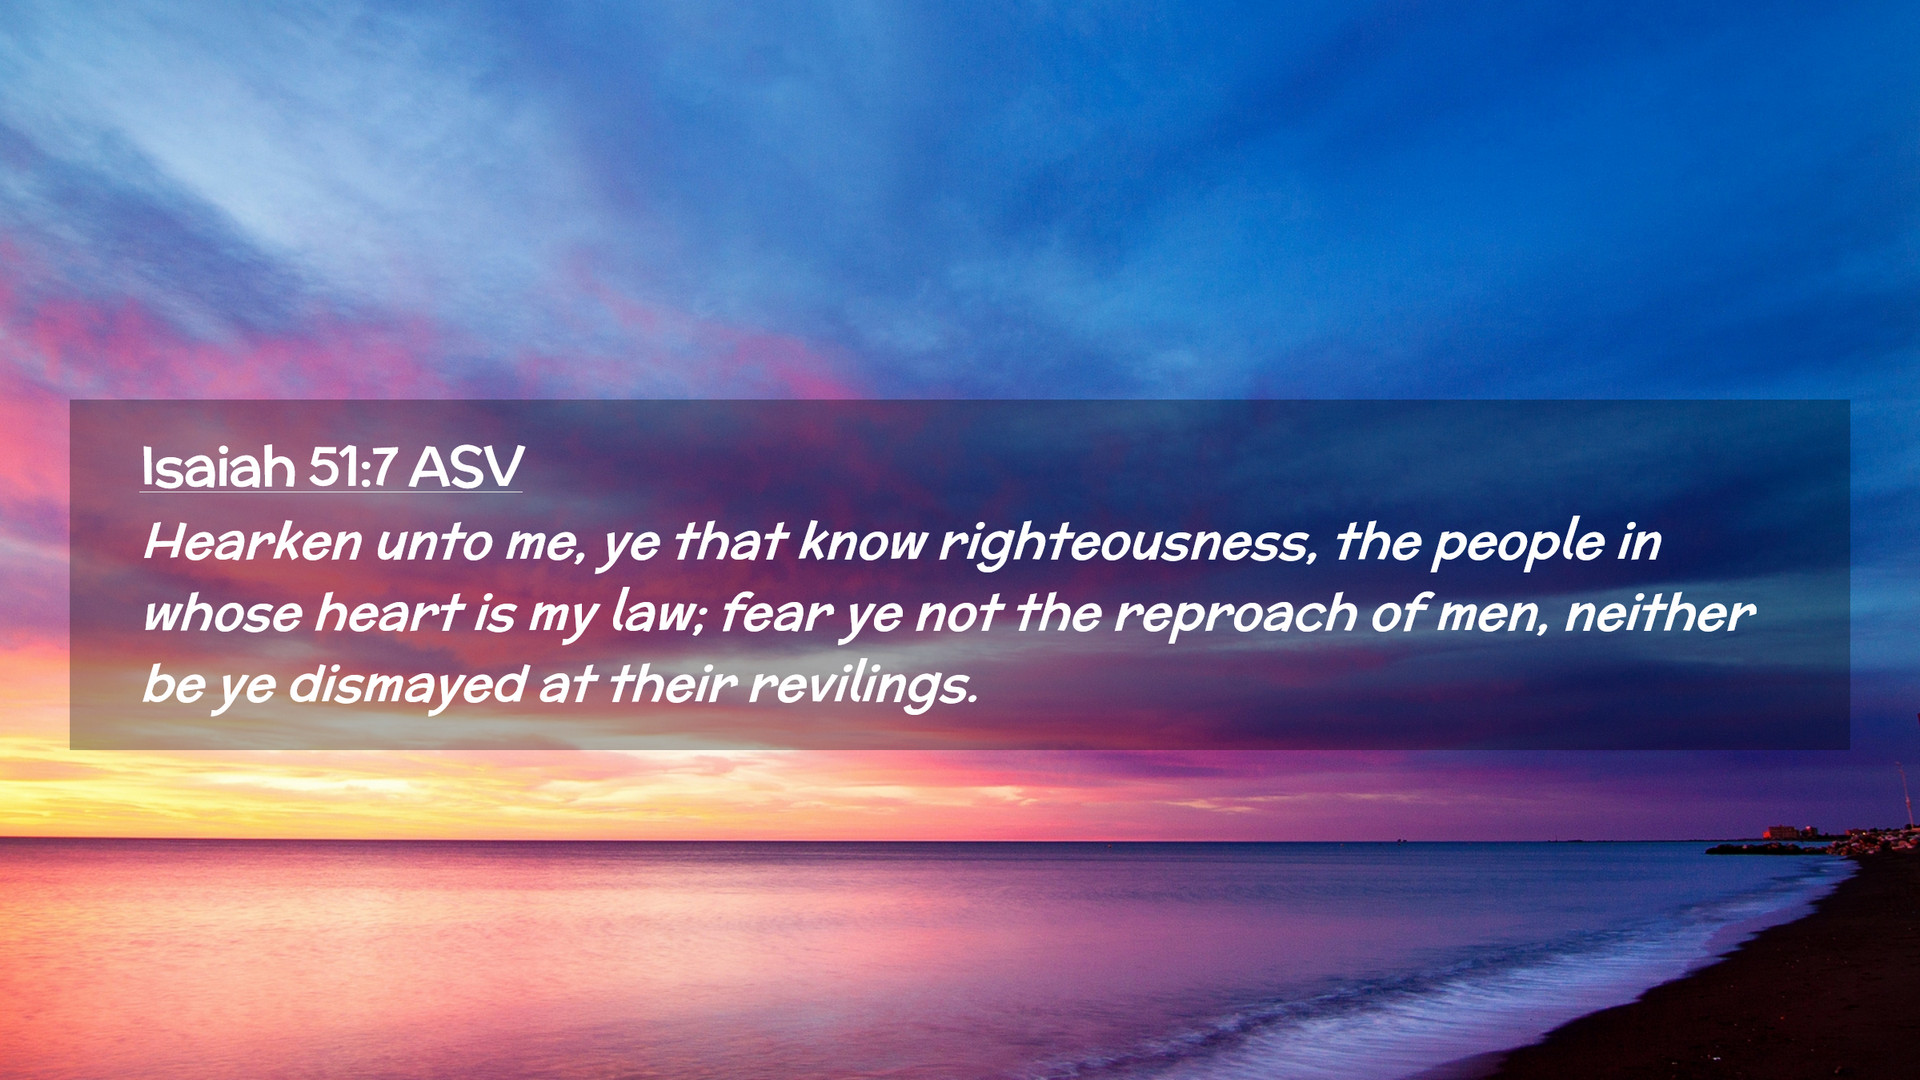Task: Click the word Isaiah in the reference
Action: pos(218,466)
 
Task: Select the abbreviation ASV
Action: pos(466,467)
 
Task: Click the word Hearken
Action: pos(253,542)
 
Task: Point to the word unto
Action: pos(434,543)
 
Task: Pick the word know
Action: pos(862,542)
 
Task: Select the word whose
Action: pos(222,613)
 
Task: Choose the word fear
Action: pos(775,613)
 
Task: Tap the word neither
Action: pos(1659,613)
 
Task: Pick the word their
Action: pos(672,684)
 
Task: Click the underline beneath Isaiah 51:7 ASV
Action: pos(331,492)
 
